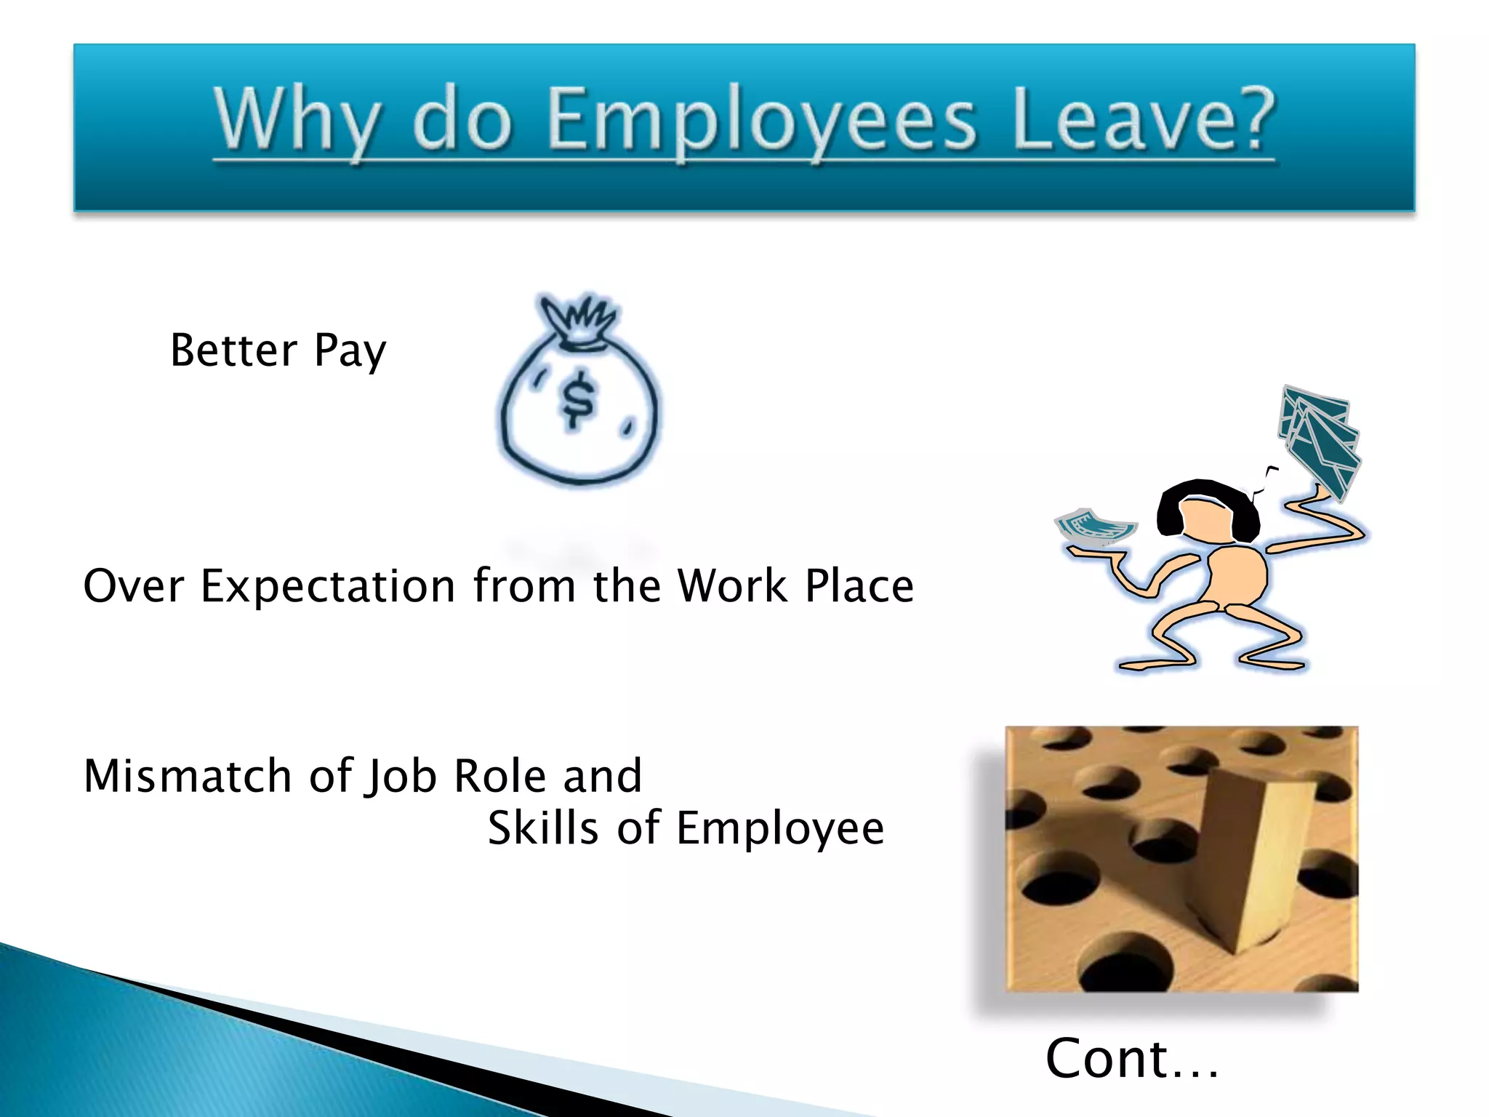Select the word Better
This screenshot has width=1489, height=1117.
pos(233,351)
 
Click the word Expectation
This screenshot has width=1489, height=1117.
pos(328,586)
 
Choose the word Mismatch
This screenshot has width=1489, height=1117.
pos(188,775)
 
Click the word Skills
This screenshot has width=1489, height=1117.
pos(543,828)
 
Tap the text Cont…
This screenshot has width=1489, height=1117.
pos(1131,1059)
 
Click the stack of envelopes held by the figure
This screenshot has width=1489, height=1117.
pos(1320,440)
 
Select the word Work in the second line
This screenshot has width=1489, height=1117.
pos(731,586)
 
